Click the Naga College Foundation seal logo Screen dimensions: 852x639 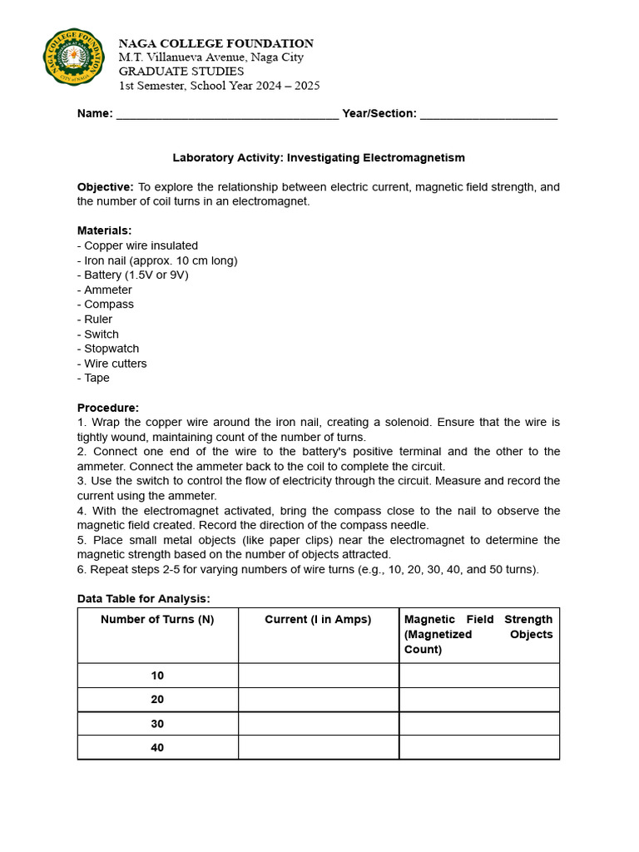[x=74, y=57]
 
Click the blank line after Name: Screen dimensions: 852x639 [x=227, y=115]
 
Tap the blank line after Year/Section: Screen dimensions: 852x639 [x=488, y=115]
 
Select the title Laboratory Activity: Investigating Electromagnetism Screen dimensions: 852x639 [x=319, y=157]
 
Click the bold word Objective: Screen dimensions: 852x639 [x=106, y=187]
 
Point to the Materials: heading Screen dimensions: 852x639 [x=104, y=230]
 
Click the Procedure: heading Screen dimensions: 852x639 [x=108, y=408]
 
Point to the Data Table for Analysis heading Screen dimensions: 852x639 [x=144, y=598]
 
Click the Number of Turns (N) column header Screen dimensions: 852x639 [x=157, y=620]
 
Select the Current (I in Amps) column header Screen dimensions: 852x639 [x=318, y=620]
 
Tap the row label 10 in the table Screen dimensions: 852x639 [x=157, y=676]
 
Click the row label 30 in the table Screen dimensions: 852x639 [x=157, y=724]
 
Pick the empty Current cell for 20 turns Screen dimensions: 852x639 [x=318, y=700]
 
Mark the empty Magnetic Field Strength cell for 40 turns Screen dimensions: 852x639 [x=479, y=747]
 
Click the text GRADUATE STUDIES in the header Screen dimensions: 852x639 [x=181, y=72]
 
